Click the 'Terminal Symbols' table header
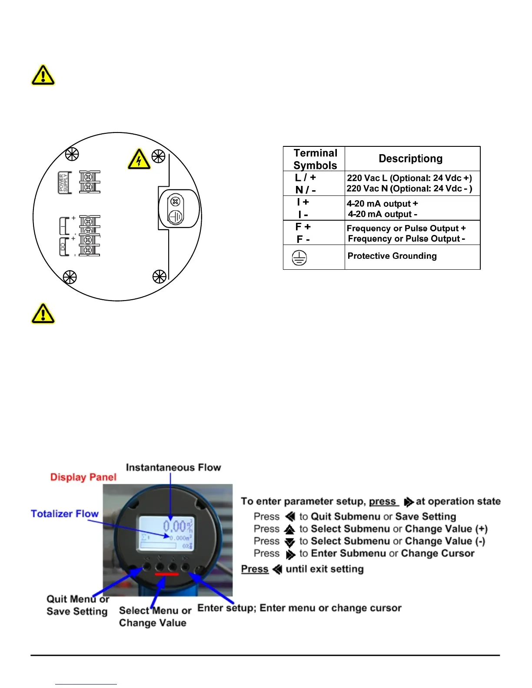point(315,159)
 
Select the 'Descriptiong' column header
point(411,159)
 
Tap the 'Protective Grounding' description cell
point(392,256)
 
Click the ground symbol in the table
point(299,258)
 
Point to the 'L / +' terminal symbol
point(306,178)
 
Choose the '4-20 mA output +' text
point(382,204)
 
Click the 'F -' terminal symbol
point(303,239)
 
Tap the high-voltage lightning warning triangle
point(139,159)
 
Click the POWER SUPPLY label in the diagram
point(64,182)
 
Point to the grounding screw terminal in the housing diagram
point(176,209)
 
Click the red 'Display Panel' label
point(83,477)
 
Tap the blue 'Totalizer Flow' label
point(65,513)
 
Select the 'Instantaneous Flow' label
point(173,467)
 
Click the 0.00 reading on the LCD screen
point(174,526)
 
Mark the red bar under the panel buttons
point(166,574)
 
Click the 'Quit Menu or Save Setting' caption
point(77,605)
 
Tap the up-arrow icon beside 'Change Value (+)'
point(289,529)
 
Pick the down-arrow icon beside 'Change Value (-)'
point(289,542)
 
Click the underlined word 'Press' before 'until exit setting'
point(255,569)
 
